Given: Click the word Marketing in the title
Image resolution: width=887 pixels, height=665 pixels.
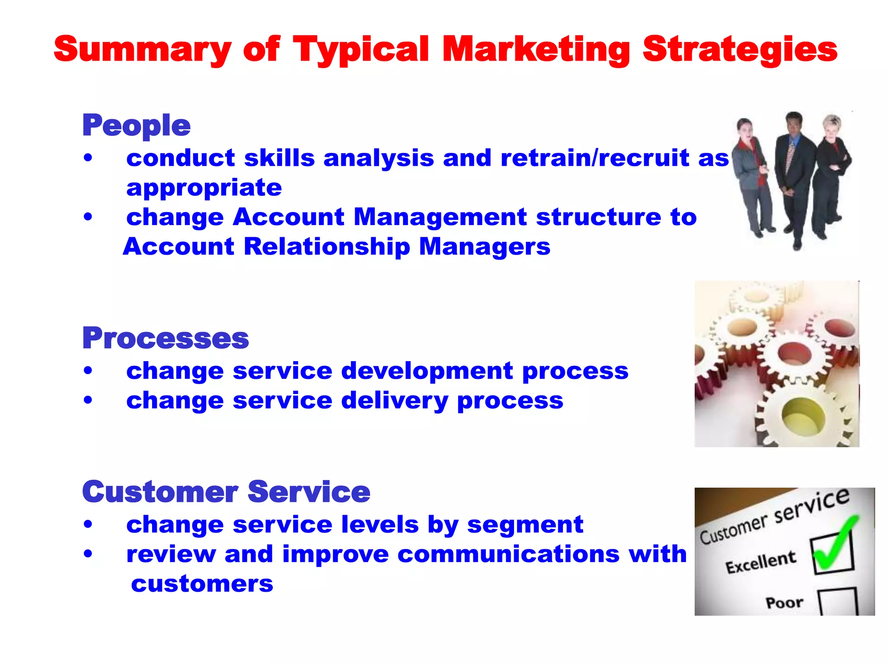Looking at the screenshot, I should pos(536,50).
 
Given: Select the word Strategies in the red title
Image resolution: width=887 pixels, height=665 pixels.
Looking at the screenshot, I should pos(740,50).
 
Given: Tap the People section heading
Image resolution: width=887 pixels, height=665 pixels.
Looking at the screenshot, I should pos(136,126).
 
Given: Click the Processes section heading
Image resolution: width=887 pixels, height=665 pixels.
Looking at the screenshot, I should pos(165,338).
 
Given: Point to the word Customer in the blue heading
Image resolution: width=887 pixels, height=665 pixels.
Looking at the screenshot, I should pos(160,492).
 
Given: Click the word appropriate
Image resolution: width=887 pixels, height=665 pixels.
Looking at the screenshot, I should pos(204,188).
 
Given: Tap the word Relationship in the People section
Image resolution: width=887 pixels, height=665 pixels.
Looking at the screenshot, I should pos(327,247).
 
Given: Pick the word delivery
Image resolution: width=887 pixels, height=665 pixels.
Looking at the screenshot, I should pos(395,400).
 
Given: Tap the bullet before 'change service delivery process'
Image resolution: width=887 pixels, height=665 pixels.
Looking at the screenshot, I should pos(88,400).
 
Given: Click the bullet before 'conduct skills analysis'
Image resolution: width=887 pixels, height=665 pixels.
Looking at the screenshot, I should pos(88,158).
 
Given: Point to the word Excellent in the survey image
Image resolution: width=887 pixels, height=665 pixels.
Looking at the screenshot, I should pos(761,562).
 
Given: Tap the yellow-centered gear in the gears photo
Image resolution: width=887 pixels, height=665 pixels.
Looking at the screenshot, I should pos(799,416).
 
